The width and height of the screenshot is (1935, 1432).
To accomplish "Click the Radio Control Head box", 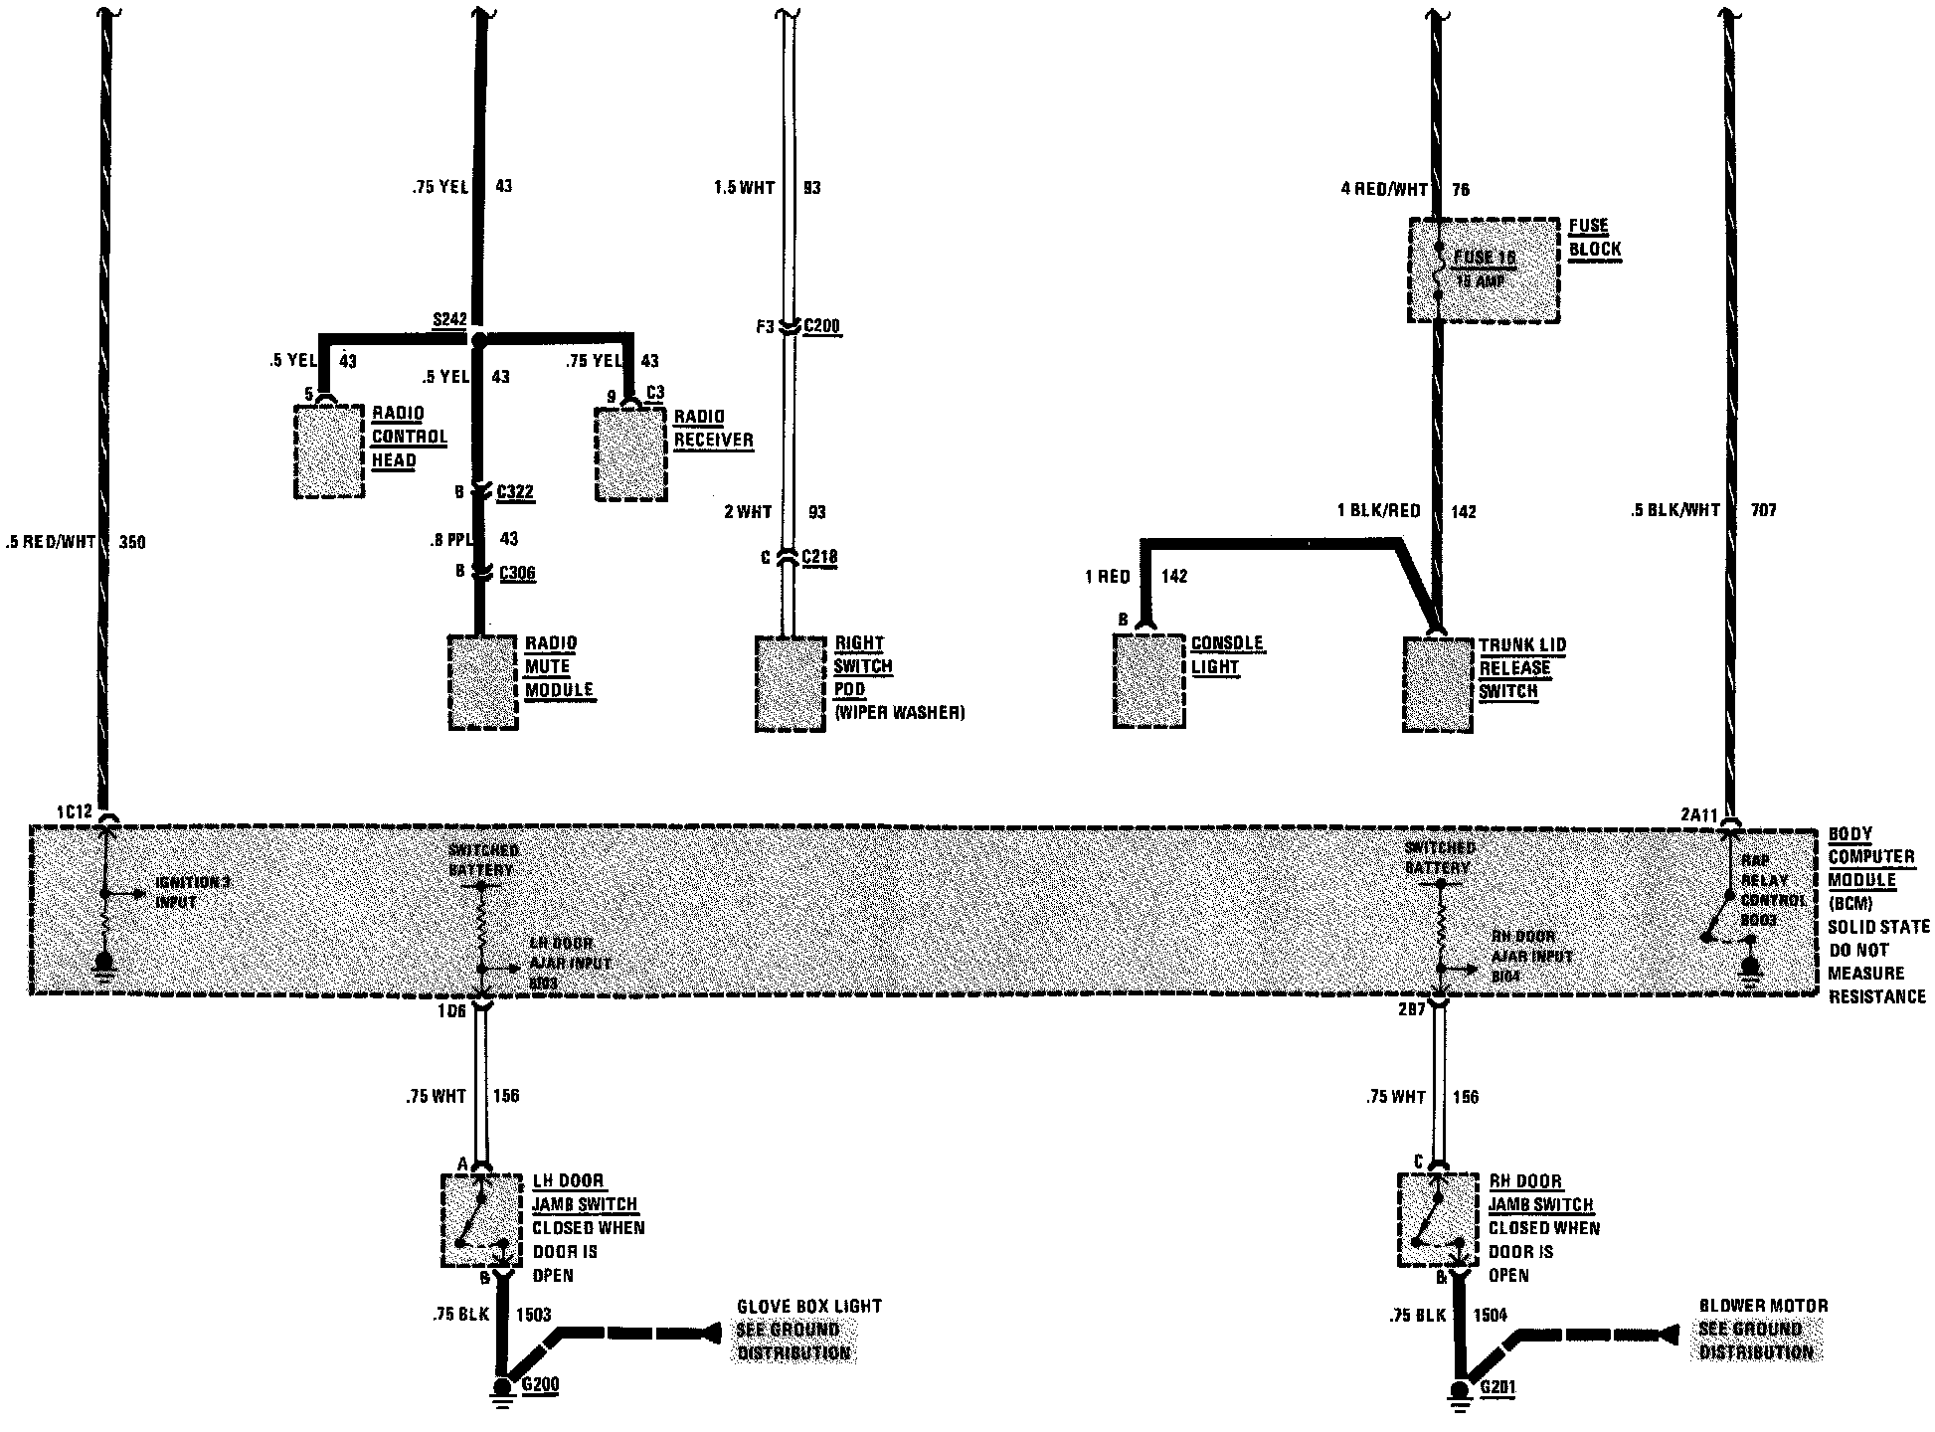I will point(330,451).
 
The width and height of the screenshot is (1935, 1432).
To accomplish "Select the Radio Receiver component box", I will point(630,453).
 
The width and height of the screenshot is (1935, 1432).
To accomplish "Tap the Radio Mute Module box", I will point(483,682).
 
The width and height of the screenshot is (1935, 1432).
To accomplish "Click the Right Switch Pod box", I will point(790,684).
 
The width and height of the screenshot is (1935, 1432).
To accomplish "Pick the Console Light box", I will point(1148,682).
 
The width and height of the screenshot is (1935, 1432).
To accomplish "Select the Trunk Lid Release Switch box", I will point(1437,684).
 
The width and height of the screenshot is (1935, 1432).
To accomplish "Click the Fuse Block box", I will point(1484,270).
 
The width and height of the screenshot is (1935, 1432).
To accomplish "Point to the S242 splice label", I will point(449,319).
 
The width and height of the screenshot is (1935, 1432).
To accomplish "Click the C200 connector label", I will point(821,325).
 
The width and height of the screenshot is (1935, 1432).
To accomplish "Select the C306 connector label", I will point(517,573).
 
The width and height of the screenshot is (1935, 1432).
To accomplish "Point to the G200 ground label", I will point(540,1385).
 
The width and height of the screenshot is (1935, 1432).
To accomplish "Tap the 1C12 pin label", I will point(74,811).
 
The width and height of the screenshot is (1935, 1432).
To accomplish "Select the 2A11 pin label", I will point(1697,815).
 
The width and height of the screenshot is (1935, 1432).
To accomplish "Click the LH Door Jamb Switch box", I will point(481,1220).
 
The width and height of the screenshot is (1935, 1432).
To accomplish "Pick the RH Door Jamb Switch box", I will point(1438,1219).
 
